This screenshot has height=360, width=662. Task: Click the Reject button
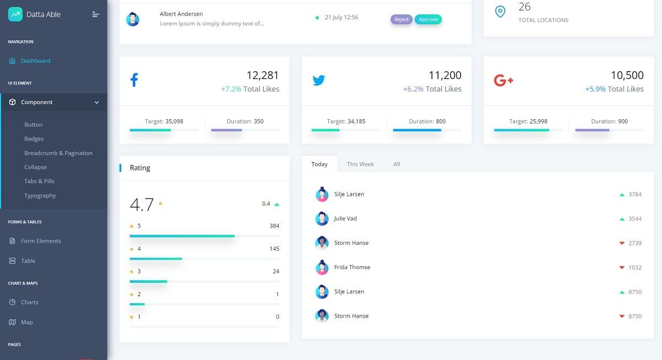pos(401,19)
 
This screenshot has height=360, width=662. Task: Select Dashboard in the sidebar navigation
pos(35,61)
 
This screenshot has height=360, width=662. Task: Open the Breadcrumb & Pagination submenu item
pos(58,153)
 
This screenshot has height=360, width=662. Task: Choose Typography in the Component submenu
pos(40,196)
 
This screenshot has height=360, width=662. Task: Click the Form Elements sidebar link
pos(41,241)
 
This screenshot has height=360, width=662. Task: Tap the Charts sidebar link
pos(29,302)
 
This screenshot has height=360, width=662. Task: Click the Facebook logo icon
pos(134,80)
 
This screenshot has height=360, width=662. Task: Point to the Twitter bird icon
pos(318,80)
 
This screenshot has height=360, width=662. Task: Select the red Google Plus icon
pos(503,80)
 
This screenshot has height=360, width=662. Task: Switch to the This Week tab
pos(360,164)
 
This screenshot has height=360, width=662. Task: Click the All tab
pos(396,164)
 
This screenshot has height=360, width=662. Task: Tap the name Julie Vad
pos(345,219)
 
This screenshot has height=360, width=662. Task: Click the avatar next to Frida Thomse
pos(322,267)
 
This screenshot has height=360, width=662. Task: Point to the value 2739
pos(635,243)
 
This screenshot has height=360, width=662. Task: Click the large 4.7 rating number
pos(142,205)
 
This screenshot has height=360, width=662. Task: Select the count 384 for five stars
pos(274,226)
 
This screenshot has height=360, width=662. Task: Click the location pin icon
pos(500,12)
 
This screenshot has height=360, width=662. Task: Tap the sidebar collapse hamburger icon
pos(95,14)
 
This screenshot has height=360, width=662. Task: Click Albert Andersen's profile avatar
pos(132,20)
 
